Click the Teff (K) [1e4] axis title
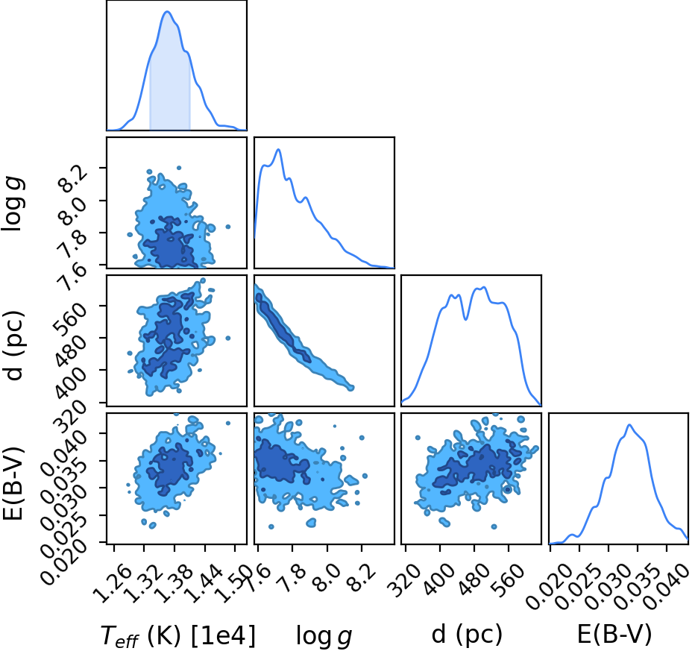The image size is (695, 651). (178, 635)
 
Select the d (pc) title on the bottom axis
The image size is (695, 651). (467, 634)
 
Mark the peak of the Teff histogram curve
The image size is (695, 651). (167, 11)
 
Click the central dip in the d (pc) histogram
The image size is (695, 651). (465, 318)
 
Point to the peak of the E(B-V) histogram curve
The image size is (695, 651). (629, 425)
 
